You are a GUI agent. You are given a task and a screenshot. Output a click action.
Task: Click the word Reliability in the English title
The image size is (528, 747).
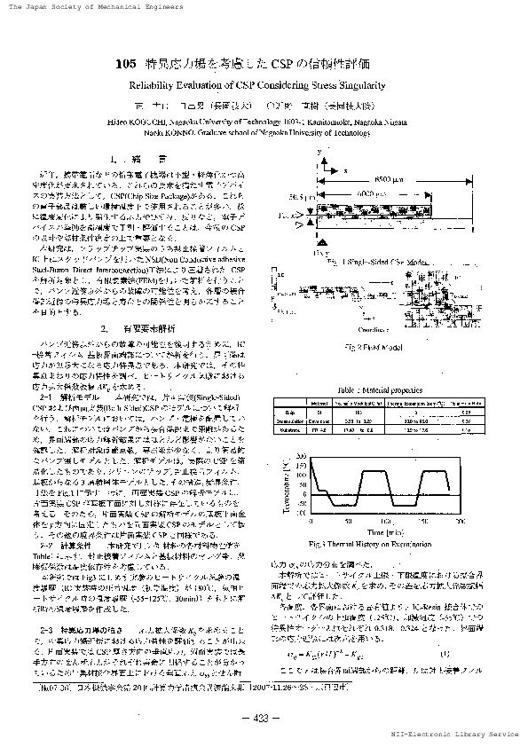click(153, 86)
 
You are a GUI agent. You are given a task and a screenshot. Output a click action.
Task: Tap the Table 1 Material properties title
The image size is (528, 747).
click(377, 390)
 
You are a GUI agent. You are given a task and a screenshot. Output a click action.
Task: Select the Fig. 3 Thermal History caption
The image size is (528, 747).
click(382, 542)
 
